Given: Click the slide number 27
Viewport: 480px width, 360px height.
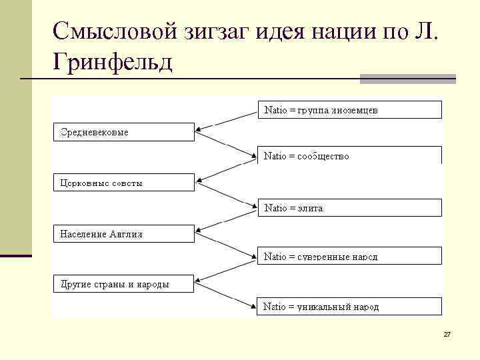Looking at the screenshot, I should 447,333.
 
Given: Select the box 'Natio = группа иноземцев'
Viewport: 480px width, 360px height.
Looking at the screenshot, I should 349,109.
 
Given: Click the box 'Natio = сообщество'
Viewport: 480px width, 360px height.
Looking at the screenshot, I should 349,155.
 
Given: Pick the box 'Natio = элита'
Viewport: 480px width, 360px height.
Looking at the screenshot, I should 349,207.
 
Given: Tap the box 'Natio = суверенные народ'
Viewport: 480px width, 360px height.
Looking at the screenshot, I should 349,255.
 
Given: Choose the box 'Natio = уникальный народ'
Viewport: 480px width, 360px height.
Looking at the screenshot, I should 349,306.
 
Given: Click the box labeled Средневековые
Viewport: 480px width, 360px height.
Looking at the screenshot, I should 124,131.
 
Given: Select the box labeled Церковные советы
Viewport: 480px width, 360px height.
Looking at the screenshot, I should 124,182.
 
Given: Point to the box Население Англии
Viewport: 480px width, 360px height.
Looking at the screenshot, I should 124,233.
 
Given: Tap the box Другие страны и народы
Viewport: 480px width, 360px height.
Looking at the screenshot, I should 124,283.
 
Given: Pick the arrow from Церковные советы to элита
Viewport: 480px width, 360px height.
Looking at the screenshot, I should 227,195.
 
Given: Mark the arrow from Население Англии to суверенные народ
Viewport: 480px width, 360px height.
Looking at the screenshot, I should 227,245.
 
